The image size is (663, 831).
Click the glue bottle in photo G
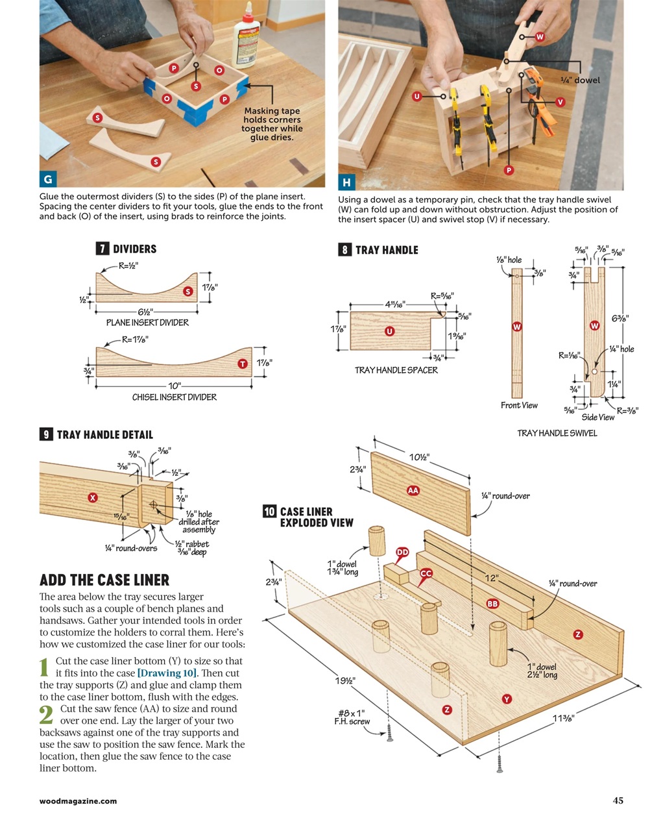point(247,42)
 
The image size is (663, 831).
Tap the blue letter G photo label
point(47,179)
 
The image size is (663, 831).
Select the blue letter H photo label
point(346,182)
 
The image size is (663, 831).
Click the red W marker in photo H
point(539,37)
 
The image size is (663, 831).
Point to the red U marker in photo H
point(418,96)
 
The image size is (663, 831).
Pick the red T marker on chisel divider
point(243,364)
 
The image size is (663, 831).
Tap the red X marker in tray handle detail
point(93,497)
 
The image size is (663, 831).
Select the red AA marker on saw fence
point(413,490)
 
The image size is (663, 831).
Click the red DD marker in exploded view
point(402,552)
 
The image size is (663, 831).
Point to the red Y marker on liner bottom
point(507,699)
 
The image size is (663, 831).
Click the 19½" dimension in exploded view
point(345,680)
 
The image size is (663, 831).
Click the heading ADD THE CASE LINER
point(104,580)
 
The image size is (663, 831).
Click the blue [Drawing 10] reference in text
point(167,673)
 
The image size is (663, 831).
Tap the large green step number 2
point(45,715)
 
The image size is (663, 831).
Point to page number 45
point(618,800)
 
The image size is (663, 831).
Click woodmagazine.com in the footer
point(78,801)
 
